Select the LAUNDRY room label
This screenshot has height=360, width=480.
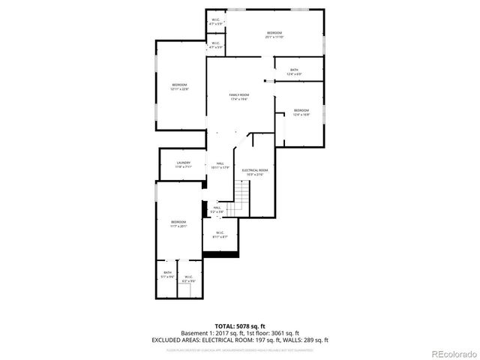[184, 164]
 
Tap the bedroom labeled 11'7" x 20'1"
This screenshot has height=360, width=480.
[178, 223]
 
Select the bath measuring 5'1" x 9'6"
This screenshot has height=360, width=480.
[167, 274]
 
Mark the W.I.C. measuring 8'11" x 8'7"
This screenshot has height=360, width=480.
[220, 235]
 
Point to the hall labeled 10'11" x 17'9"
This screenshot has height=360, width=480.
[220, 165]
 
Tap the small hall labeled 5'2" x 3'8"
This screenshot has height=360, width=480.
[217, 210]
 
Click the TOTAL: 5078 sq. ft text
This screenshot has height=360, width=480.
[240, 326]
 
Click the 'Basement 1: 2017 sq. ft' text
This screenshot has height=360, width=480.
[213, 333]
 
